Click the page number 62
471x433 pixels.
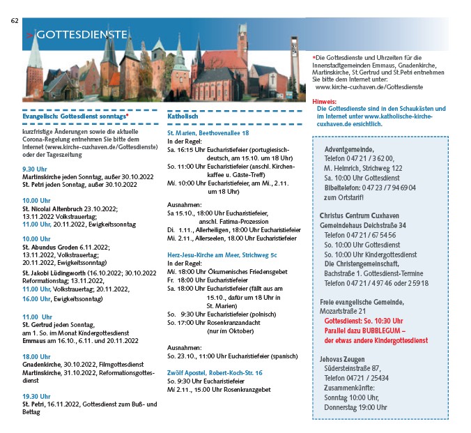point(14,20)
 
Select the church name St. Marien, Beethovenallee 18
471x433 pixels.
point(208,132)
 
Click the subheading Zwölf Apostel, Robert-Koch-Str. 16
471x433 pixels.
point(215,372)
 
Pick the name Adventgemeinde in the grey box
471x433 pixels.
point(349,150)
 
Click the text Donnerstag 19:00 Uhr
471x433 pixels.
point(356,407)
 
